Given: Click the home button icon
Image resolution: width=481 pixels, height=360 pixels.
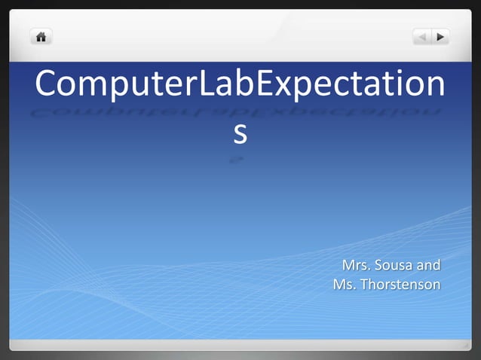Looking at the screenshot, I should pos(41,35).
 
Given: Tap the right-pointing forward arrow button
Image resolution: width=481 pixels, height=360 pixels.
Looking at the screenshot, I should pos(440,35).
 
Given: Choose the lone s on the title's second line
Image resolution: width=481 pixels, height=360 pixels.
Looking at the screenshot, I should pos(239,134).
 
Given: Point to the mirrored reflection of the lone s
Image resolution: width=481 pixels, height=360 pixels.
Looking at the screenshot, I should pos(238,160).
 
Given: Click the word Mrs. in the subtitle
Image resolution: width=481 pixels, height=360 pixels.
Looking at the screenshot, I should pos(357,266).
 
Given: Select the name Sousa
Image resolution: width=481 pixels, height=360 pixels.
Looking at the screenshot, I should pos(396,266).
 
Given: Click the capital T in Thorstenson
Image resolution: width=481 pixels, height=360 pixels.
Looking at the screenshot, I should pos(366,285).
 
